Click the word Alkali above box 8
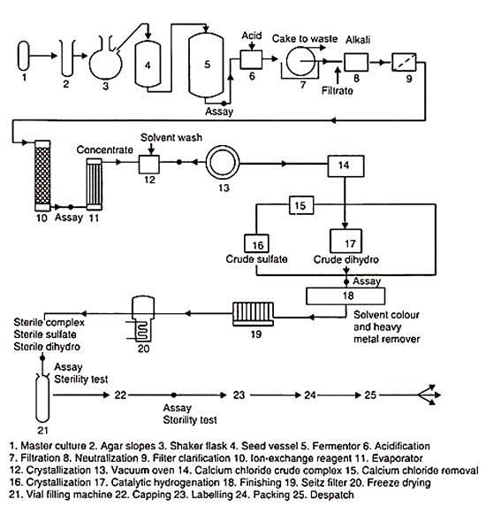(x=358, y=40)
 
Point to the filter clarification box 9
(x=404, y=62)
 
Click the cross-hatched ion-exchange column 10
(x=42, y=175)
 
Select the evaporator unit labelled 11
(x=95, y=184)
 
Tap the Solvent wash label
(x=171, y=137)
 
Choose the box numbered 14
(x=346, y=166)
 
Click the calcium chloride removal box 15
(x=301, y=205)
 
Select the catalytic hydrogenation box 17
(x=346, y=242)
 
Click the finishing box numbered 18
(x=346, y=296)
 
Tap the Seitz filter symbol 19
(x=254, y=314)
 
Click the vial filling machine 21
(x=42, y=398)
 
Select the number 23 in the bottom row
(x=239, y=395)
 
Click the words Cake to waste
(x=305, y=39)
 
